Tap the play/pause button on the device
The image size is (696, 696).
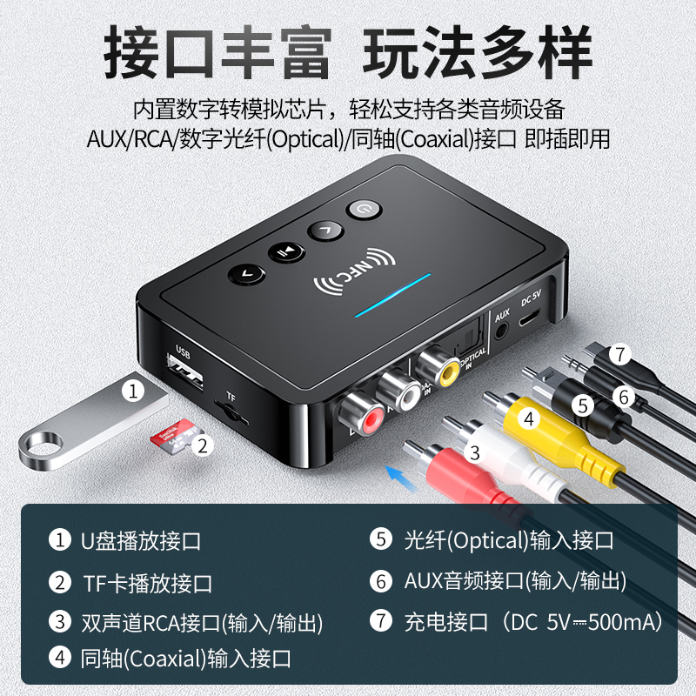pos(285,251)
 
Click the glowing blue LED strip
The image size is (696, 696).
pos(391,297)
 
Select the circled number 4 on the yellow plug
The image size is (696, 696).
pos(528,419)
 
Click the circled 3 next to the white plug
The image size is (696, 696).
pos(474,452)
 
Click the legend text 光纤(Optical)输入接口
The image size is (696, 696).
pos(508,539)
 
